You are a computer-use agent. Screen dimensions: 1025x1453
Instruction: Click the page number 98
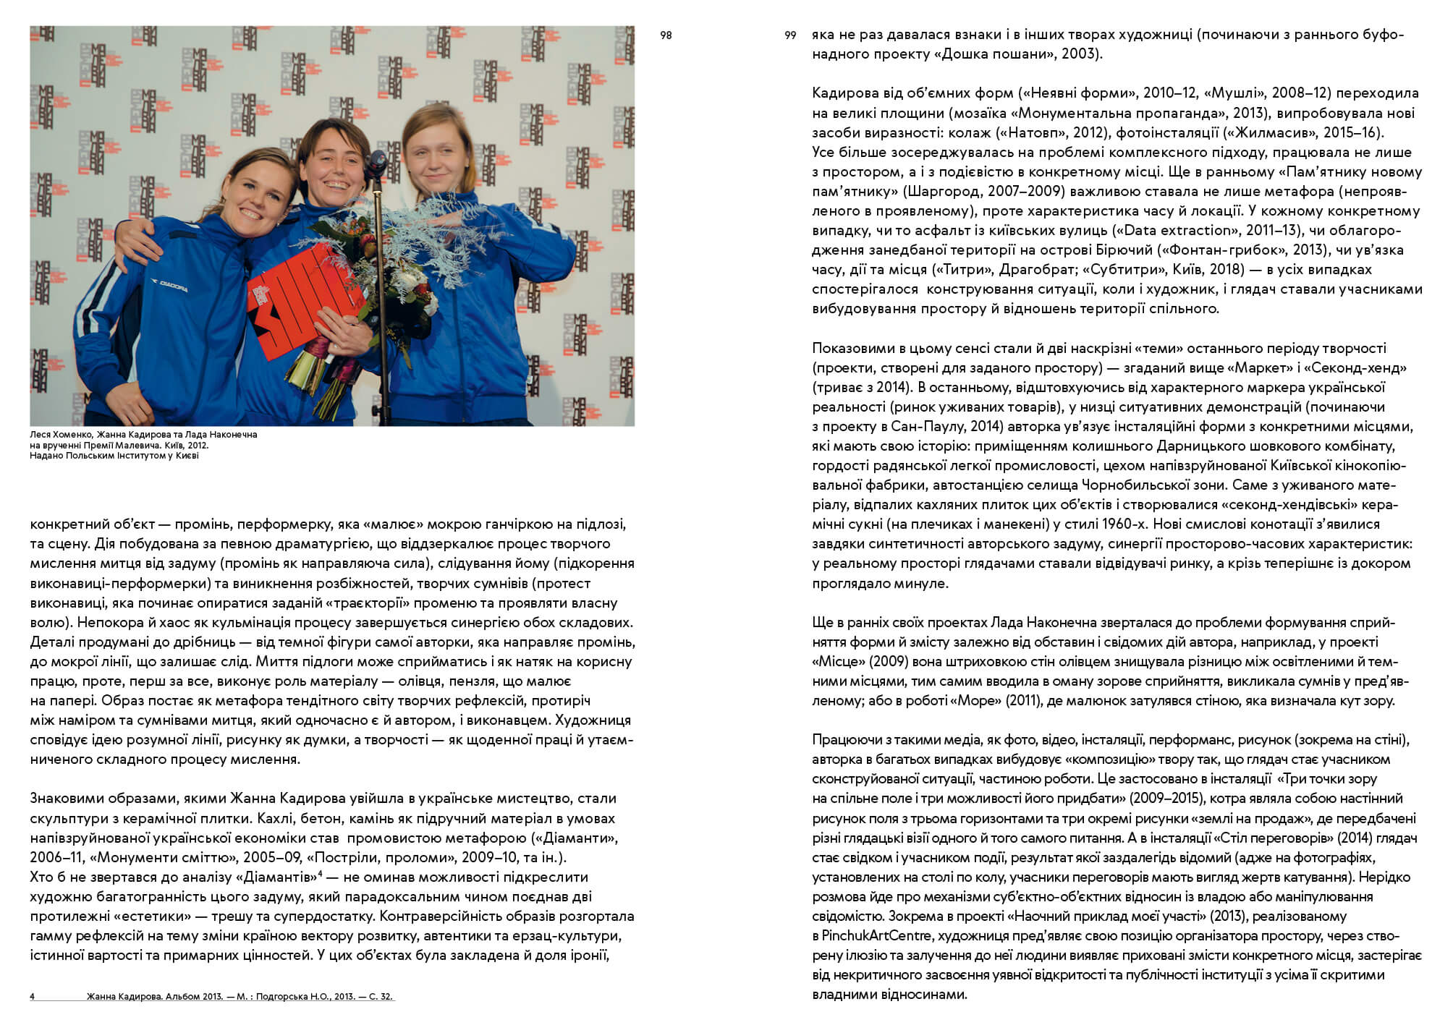666,35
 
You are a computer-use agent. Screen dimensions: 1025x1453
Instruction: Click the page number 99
790,35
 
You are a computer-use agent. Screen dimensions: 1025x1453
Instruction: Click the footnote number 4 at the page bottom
32,997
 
